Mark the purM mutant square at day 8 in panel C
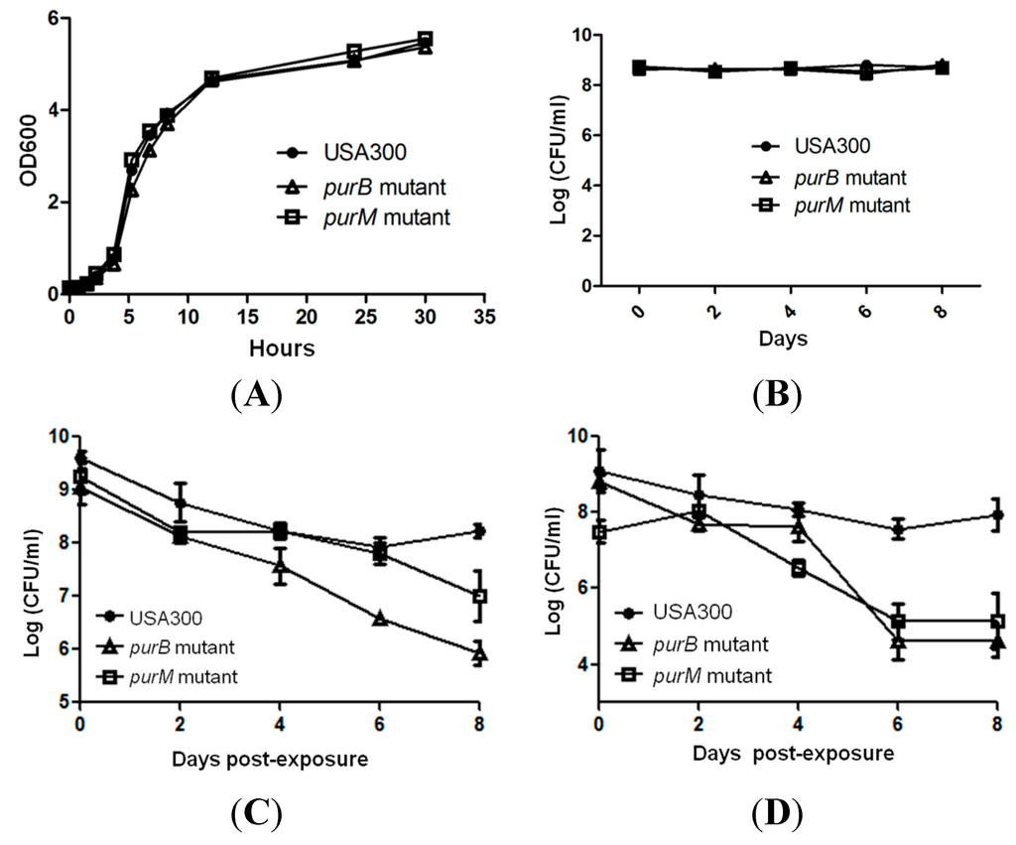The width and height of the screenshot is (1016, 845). pos(480,596)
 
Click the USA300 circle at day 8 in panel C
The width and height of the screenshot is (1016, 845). pos(480,531)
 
